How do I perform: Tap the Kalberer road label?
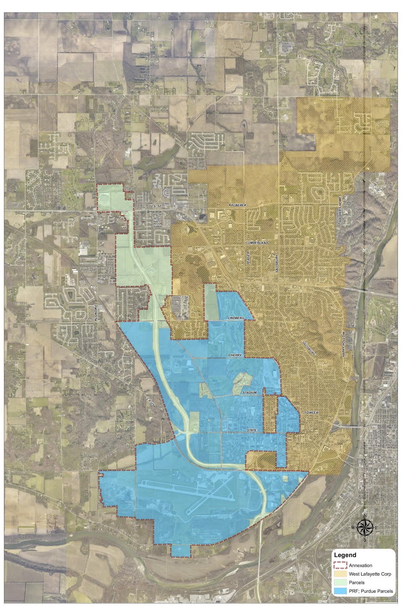pyautogui.click(x=238, y=205)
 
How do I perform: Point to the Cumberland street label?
pyautogui.click(x=257, y=242)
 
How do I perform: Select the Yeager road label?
pyautogui.click(x=248, y=258)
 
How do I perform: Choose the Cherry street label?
pyautogui.click(x=235, y=355)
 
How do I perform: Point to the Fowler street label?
pyautogui.click(x=311, y=413)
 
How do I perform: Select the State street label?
pyautogui.click(x=252, y=430)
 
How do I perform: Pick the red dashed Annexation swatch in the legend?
pyautogui.click(x=340, y=565)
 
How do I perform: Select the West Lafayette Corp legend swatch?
pyautogui.click(x=340, y=574)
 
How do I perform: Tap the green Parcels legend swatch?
pyautogui.click(x=340, y=582)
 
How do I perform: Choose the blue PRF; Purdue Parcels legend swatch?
pyautogui.click(x=340, y=591)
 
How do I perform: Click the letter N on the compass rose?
pyautogui.click(x=364, y=516)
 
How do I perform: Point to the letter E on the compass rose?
pyautogui.click(x=377, y=527)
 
